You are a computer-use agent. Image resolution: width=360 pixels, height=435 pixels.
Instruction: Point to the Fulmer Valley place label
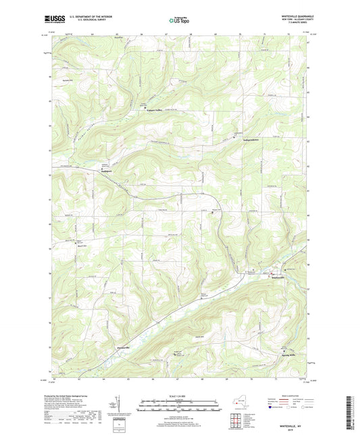click(157, 109)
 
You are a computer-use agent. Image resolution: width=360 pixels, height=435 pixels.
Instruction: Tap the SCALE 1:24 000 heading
click(179, 395)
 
